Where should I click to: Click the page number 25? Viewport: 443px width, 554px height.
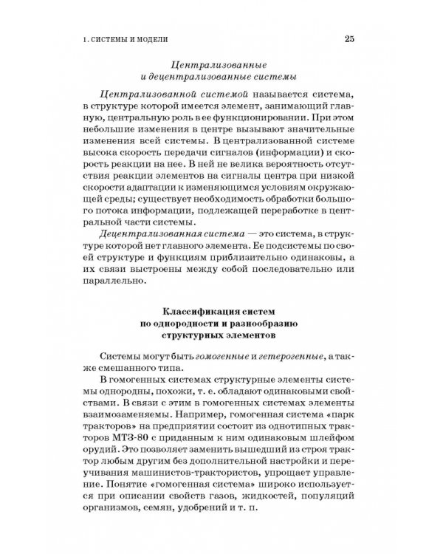coord(349,38)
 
